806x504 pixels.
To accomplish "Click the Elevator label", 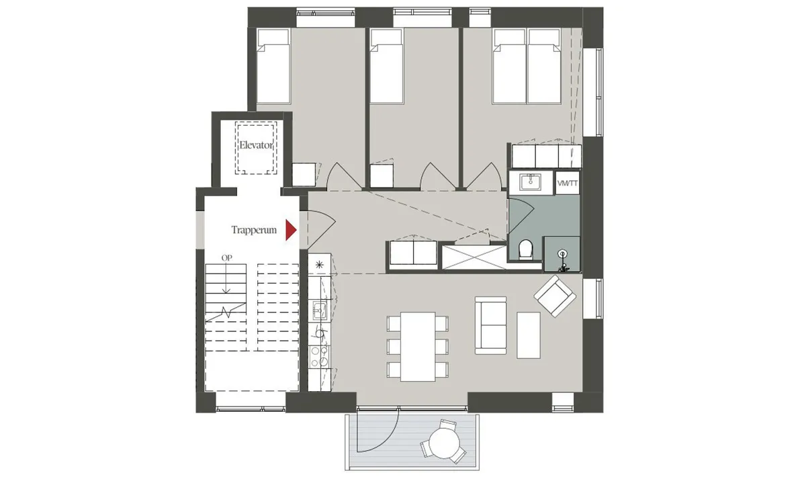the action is pos(256,145).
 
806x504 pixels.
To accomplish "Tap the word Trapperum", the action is pos(254,230).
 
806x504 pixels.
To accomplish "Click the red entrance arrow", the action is pos(291,230).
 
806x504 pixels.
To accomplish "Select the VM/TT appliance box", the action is pos(568,183).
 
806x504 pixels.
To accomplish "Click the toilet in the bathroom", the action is pos(526,249).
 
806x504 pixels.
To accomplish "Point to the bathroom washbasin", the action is pos(530,182).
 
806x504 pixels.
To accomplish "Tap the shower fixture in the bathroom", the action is pos(562,261).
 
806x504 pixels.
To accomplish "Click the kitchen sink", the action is pos(320,310).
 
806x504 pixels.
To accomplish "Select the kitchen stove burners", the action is pos(320,356).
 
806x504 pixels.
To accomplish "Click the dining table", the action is pos(418,347).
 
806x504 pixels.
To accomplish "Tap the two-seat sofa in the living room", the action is pos(490,325).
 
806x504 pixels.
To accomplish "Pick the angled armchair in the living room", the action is pos(555,296).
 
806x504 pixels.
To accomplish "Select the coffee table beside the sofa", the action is pos(529,335).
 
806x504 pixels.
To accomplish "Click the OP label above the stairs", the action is pos(227,258).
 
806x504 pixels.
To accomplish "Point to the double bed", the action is pos(527,67).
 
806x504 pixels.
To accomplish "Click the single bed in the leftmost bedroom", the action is pos(273,67).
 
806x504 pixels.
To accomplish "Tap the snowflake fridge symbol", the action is pos(319,265).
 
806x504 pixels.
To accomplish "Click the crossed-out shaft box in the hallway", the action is pos(474,257).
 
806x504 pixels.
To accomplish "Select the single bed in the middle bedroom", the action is pos(386,67).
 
